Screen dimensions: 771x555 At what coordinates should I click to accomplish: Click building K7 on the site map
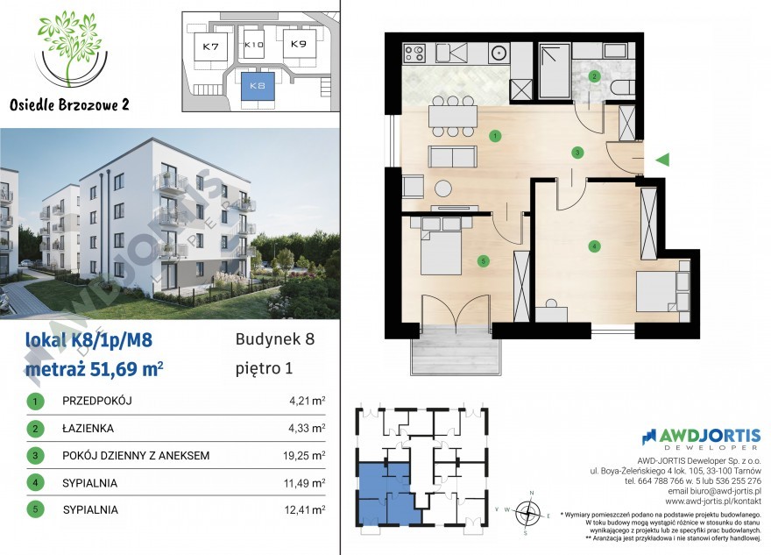[x=210, y=46]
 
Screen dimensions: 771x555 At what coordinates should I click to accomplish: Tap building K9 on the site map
[x=299, y=44]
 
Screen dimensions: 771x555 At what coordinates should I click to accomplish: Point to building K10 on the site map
[x=254, y=45]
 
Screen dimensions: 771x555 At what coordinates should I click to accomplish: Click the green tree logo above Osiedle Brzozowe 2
[x=71, y=48]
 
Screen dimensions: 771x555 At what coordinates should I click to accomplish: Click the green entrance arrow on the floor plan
[x=663, y=159]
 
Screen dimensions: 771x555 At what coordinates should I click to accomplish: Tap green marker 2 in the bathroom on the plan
[x=595, y=76]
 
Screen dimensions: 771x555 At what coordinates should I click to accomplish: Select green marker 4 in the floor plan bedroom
[x=595, y=246]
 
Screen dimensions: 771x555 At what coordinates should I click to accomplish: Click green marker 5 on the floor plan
[x=484, y=260]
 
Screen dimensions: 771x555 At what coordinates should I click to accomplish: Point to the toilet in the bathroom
[x=622, y=88]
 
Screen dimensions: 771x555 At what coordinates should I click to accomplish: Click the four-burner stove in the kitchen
[x=414, y=53]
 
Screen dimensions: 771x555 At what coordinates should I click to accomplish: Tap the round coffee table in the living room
[x=443, y=189]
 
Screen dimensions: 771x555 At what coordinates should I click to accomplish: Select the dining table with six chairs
[x=453, y=117]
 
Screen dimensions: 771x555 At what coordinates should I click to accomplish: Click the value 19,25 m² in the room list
[x=304, y=456]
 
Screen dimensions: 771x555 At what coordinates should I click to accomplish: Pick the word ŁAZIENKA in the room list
[x=88, y=429]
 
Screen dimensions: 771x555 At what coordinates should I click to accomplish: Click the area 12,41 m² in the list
[x=304, y=509]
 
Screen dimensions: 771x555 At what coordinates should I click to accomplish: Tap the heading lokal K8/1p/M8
[x=88, y=340]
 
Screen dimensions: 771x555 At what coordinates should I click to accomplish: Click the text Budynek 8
[x=275, y=339]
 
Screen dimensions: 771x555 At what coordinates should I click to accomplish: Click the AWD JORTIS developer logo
[x=701, y=438]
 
